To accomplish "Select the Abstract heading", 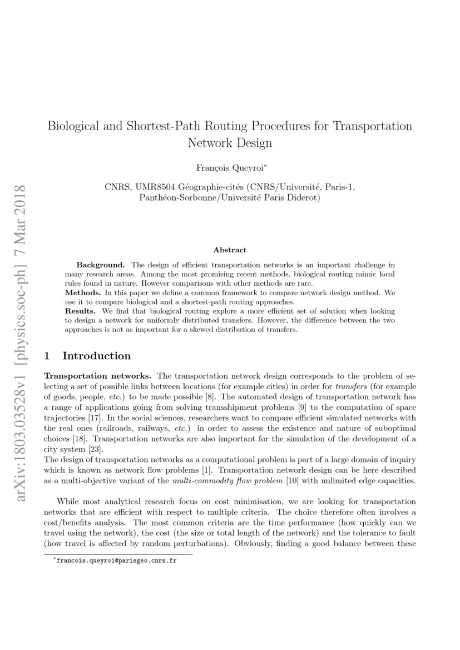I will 230,250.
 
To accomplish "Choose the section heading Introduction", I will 97,356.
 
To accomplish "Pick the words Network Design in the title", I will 230,142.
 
